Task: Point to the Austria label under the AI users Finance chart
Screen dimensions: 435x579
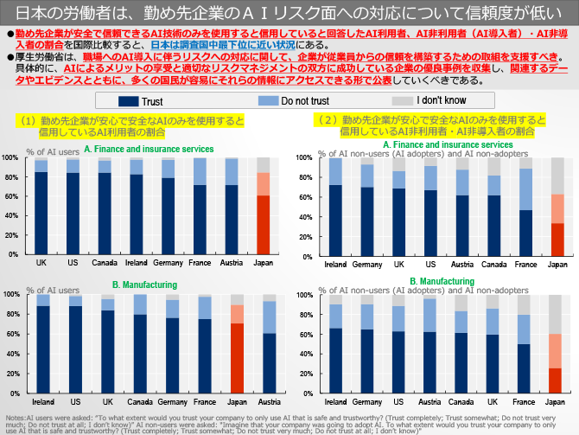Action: pos(231,262)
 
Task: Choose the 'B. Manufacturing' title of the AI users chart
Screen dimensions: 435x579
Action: pos(145,285)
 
